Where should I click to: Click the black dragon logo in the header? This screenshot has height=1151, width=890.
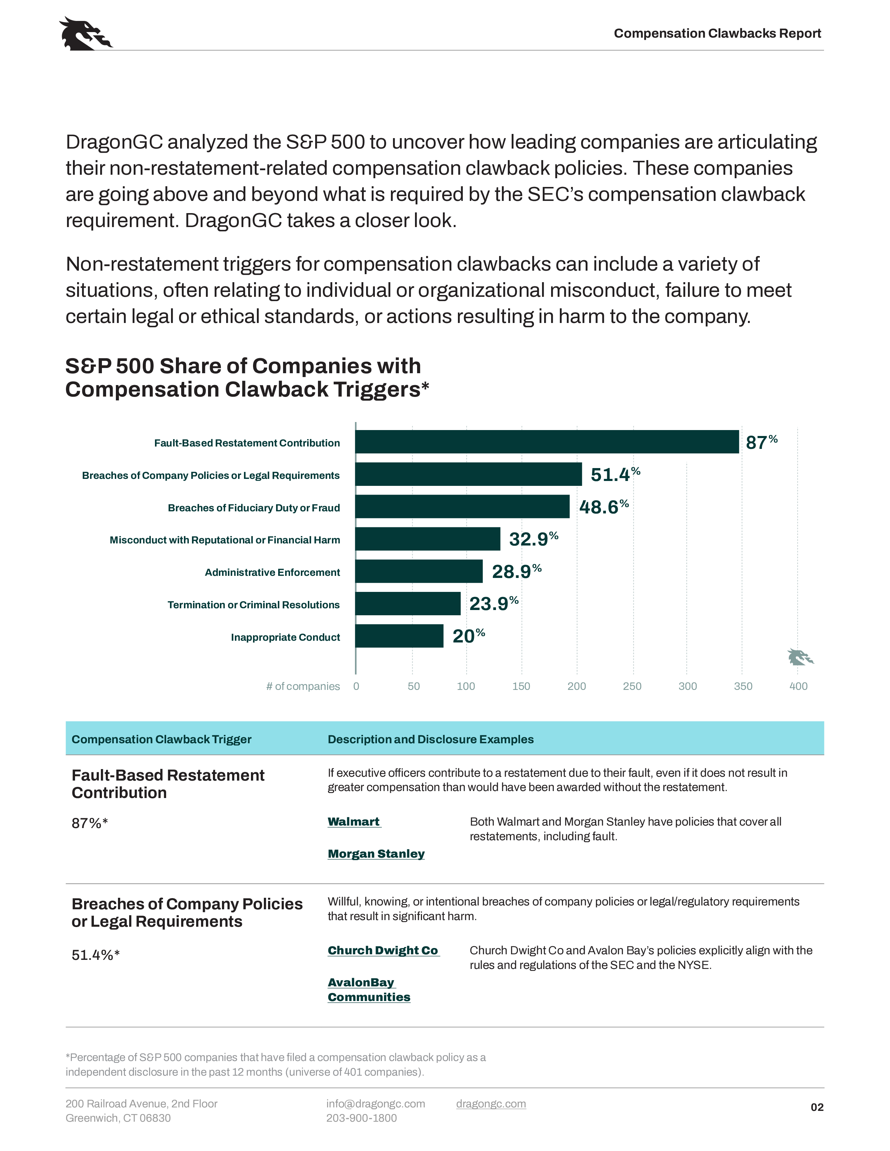coord(85,34)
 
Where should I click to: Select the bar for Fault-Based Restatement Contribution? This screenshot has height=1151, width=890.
coord(547,442)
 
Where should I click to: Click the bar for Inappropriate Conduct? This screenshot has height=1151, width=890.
coord(399,636)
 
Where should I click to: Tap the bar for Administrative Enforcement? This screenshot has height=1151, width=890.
coord(418,571)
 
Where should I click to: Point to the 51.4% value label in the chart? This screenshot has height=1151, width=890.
coord(615,474)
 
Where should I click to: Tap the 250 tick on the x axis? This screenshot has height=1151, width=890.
coord(632,686)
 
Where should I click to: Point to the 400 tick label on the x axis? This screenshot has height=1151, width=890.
coord(798,686)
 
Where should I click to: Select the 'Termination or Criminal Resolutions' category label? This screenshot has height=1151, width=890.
coord(254,604)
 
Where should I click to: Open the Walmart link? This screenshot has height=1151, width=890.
coord(354,822)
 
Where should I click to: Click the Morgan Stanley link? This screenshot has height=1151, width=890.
coord(376,854)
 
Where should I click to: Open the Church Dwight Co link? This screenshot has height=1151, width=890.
coord(383,950)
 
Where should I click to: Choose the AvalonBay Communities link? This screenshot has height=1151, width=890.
coord(369,990)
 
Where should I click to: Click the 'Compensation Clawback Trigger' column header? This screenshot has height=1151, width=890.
coord(161,739)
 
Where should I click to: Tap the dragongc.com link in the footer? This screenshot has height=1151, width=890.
coord(491,1104)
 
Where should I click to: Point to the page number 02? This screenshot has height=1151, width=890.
coord(817,1107)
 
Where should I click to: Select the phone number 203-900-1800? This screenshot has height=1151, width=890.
coord(361,1118)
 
